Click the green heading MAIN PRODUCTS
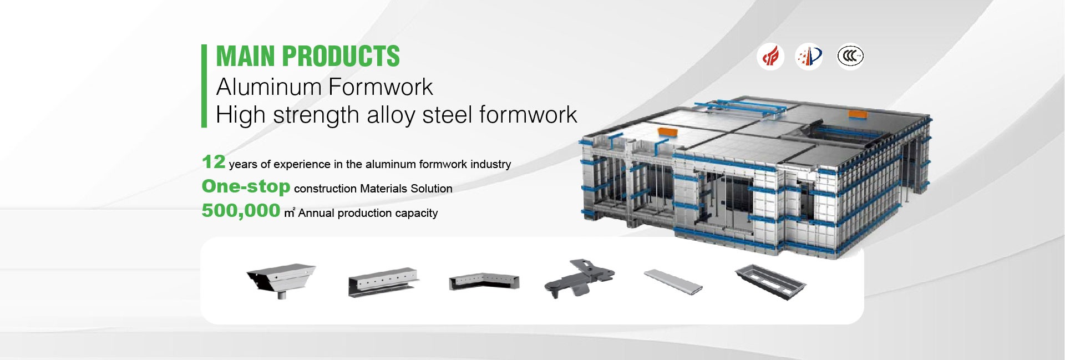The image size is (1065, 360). pyautogui.click(x=308, y=56)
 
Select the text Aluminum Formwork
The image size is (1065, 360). pyautogui.click(x=324, y=87)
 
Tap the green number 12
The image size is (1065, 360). pyautogui.click(x=214, y=162)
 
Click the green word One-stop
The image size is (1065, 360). pyautogui.click(x=246, y=186)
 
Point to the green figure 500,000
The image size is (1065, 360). pyautogui.click(x=241, y=211)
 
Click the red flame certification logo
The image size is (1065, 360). pyautogui.click(x=770, y=56)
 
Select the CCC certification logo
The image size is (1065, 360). pyautogui.click(x=850, y=56)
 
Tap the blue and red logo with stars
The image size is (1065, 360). pyautogui.click(x=809, y=56)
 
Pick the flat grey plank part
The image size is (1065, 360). pyautogui.click(x=673, y=282)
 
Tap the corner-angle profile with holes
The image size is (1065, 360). pyautogui.click(x=484, y=282)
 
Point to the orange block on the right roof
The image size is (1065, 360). pyautogui.click(x=858, y=114)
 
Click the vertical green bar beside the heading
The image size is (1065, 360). pyautogui.click(x=204, y=86)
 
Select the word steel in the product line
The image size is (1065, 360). pyautogui.click(x=448, y=115)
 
